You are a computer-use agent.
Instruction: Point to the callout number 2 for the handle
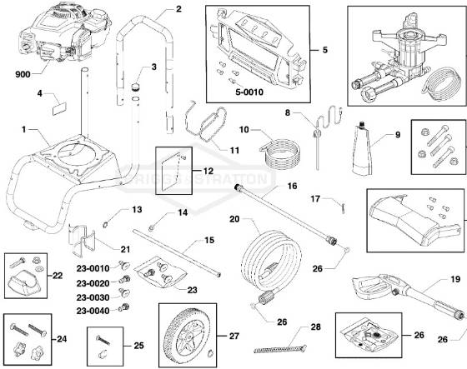pyautogui.click(x=178, y=9)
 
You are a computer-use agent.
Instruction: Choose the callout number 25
pyautogui.click(x=138, y=344)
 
